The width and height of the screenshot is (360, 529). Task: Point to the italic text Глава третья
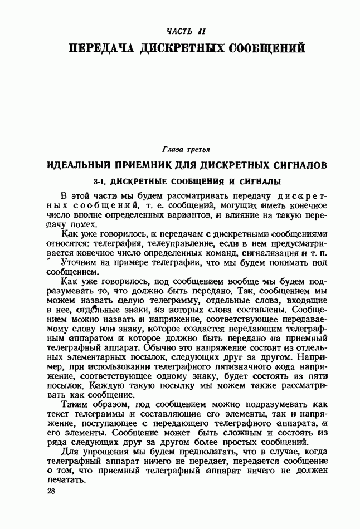[x=186, y=149]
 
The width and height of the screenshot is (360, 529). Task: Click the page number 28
[x=51, y=492]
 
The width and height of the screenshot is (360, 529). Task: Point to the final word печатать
[x=66, y=482]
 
